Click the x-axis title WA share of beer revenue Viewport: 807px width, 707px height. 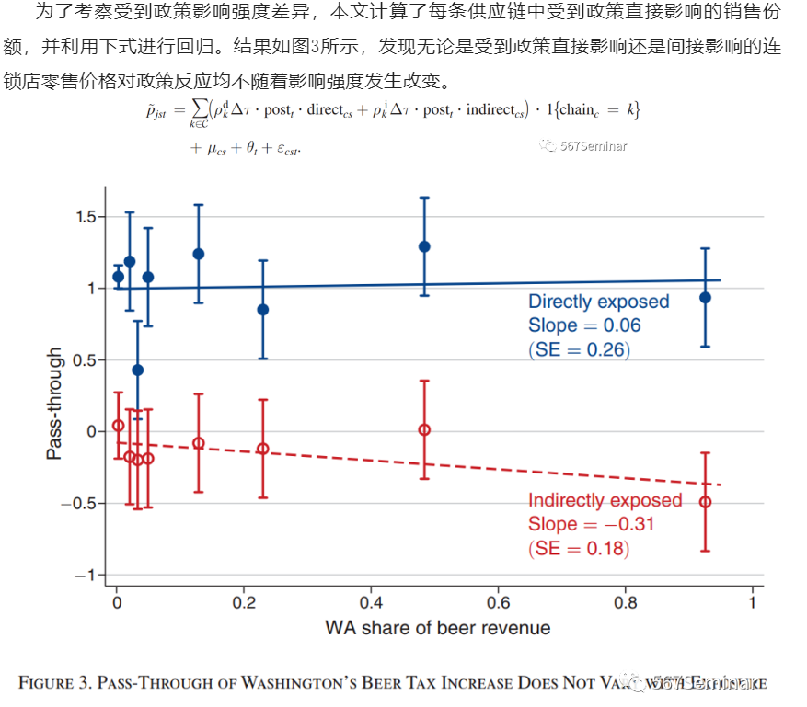437,629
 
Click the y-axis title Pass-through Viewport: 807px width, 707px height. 54,404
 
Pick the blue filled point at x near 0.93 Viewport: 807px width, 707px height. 705,297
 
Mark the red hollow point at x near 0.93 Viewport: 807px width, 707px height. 705,502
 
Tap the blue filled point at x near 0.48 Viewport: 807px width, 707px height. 424,246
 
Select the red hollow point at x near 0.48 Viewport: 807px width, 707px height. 424,429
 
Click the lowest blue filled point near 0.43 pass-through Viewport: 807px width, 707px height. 137,370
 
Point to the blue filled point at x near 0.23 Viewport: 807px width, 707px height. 263,310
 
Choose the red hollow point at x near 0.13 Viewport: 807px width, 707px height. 198,443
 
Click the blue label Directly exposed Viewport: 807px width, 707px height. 598,302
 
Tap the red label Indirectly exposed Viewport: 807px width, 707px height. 605,501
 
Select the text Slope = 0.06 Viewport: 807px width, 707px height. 584,325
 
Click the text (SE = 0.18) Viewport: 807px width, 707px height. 579,549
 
